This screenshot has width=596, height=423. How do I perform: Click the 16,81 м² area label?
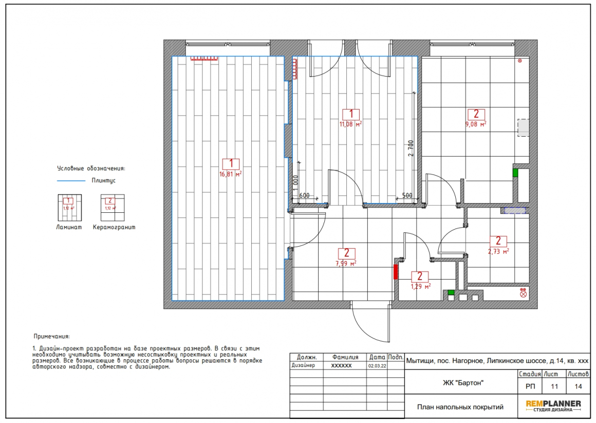[230, 175]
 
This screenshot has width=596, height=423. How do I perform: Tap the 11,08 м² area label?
[350, 124]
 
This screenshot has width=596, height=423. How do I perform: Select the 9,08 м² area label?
[475, 124]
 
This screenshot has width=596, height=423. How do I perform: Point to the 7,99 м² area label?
[346, 263]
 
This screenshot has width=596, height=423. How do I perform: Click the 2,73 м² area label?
[498, 251]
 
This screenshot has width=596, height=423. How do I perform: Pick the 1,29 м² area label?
[420, 286]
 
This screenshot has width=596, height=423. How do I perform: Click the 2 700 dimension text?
[411, 149]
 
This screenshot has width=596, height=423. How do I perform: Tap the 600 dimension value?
[305, 195]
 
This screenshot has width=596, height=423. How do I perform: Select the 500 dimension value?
[407, 195]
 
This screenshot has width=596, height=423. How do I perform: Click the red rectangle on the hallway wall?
[396, 272]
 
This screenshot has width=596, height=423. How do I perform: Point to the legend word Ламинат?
[69, 228]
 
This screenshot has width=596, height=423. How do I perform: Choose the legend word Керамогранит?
[114, 228]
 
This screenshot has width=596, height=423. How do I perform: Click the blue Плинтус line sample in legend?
[71, 181]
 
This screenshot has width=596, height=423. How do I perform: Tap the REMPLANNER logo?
[553, 406]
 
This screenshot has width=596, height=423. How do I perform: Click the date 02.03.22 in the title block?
[377, 366]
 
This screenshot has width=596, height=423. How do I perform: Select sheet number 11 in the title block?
[554, 387]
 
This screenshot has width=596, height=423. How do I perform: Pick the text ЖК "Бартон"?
[463, 383]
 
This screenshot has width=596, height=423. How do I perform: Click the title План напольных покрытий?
[460, 407]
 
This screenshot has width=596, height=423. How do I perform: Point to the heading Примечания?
[52, 336]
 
